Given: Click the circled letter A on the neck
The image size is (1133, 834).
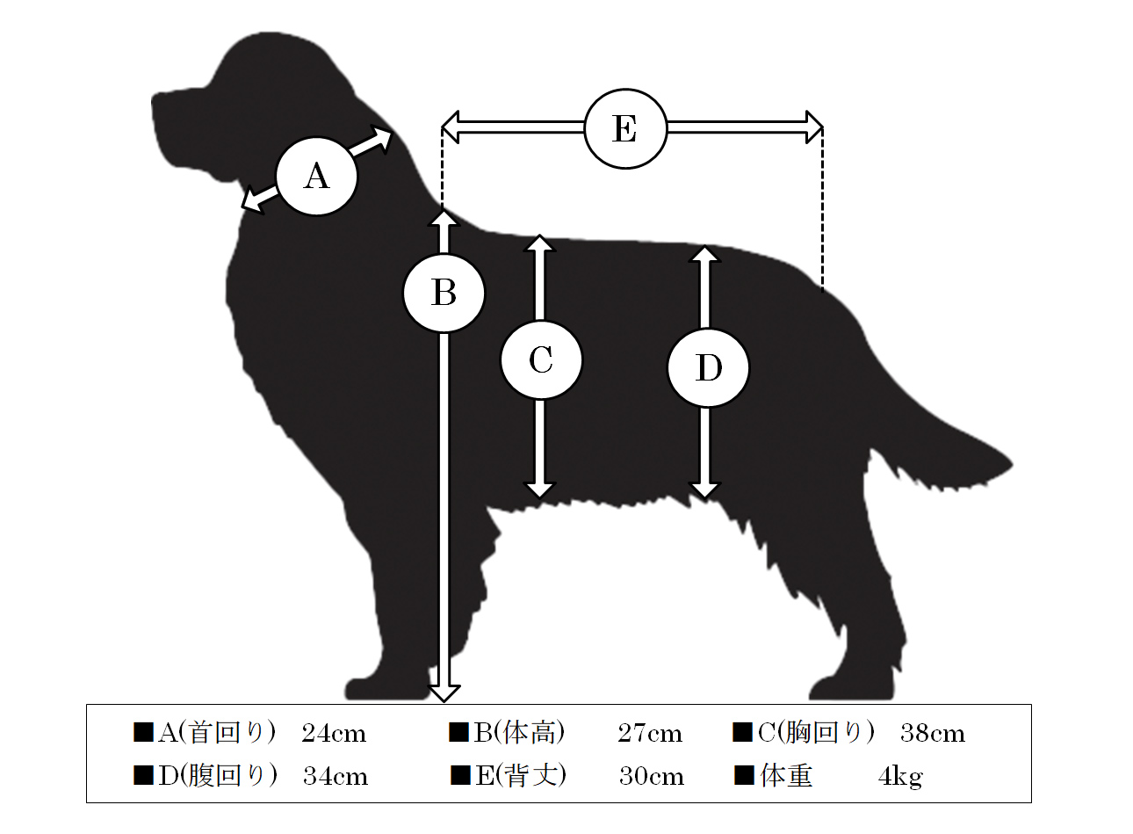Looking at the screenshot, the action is (x=317, y=176).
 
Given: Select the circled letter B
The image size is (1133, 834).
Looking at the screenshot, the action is (x=444, y=293).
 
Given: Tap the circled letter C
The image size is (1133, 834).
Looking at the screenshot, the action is (x=541, y=359).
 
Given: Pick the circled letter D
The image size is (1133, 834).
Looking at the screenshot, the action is (x=708, y=367).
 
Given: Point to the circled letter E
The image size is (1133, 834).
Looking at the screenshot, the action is (x=625, y=128).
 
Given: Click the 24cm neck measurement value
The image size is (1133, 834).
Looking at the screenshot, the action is (x=334, y=733).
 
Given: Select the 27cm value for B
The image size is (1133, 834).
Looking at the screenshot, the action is (x=650, y=733).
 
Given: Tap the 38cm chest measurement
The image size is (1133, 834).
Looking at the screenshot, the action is (x=933, y=733).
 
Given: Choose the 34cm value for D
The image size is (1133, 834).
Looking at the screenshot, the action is (x=336, y=776).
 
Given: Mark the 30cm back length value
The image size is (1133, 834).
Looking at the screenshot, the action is (x=652, y=776).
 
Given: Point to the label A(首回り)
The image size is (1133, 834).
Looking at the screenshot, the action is (x=217, y=732).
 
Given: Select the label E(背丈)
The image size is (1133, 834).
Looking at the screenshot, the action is (x=521, y=775).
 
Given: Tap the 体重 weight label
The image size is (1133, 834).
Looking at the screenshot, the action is (x=787, y=775).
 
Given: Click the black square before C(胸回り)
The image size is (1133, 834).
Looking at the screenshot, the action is (x=742, y=732).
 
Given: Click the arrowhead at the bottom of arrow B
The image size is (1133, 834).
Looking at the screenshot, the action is (x=444, y=693).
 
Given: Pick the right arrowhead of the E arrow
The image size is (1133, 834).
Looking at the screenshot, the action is (x=814, y=127).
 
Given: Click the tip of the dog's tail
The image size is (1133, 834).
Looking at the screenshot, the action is (x=1012, y=464).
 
